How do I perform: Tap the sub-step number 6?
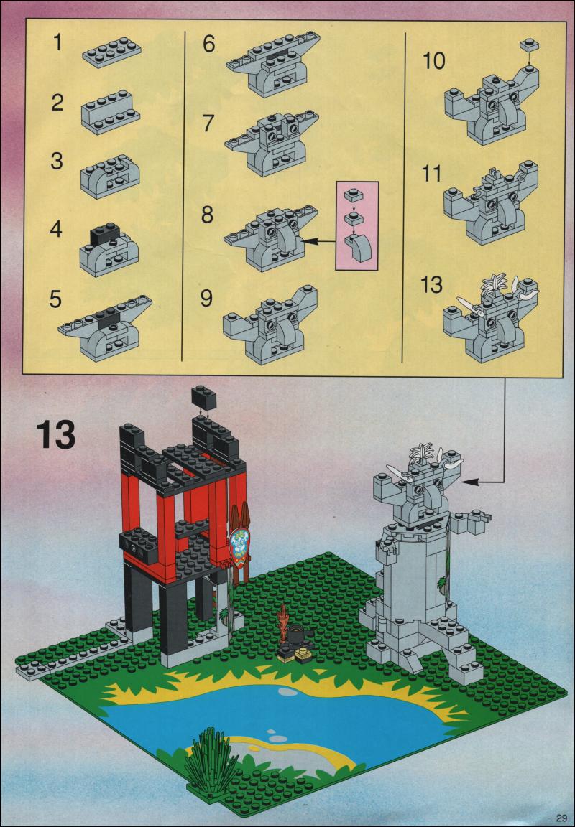(209, 44)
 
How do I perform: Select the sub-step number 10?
(433, 61)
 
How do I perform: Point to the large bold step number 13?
(56, 434)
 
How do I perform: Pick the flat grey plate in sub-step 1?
(111, 52)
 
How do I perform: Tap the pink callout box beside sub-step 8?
(357, 225)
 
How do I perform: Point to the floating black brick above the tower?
(204, 397)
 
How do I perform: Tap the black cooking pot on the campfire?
(294, 631)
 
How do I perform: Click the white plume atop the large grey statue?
(425, 452)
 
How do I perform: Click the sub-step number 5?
(55, 299)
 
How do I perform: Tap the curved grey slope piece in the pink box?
(359, 249)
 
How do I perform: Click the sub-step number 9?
(206, 298)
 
